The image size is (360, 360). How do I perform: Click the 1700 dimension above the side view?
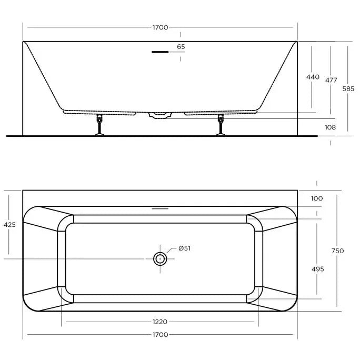point(160,27)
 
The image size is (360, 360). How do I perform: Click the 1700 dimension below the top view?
point(160,335)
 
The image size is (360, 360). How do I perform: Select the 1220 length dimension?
point(160,322)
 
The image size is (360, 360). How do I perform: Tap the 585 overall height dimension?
point(348,89)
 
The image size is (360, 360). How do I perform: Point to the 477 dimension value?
point(331,80)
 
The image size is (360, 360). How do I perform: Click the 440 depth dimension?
point(313,77)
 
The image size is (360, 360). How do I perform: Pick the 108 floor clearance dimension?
point(331,127)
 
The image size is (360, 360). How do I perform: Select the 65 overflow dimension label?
point(181,47)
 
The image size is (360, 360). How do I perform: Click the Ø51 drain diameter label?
point(184,248)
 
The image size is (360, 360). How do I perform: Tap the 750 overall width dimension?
point(337,251)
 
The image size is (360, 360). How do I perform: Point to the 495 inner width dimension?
point(317,269)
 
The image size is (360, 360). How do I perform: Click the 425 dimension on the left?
point(9,225)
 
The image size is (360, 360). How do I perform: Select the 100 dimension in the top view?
point(316,198)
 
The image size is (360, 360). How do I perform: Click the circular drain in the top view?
point(160,258)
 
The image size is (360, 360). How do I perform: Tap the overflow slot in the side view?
point(159,52)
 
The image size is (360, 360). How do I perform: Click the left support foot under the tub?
point(98,126)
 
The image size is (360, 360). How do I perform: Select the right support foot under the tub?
point(221,126)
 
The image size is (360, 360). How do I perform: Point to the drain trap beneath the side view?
point(159,114)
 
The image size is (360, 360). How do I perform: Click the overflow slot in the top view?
point(159,208)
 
